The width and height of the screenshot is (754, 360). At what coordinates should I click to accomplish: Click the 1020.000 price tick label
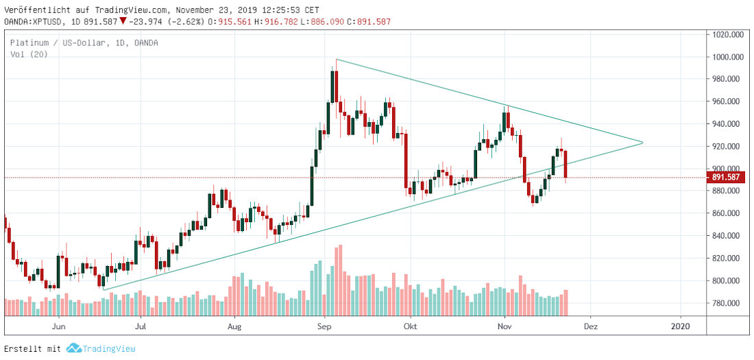point(729,34)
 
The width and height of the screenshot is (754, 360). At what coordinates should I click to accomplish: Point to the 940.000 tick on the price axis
point(729,124)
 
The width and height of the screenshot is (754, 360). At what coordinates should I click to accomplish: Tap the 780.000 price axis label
point(729,303)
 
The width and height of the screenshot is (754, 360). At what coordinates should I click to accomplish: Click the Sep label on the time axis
point(326,326)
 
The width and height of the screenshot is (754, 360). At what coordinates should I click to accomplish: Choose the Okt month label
point(410,326)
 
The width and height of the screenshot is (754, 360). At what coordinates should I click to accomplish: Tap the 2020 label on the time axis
point(680,326)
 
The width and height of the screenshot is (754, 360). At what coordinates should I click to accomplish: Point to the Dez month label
point(591,326)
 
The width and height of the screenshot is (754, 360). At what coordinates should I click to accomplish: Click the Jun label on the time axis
point(59,326)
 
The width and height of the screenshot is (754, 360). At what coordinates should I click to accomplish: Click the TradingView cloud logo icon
point(74,349)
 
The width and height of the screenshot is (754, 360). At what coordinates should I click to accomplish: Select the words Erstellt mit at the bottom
point(33,349)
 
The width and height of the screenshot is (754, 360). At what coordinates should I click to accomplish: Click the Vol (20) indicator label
point(25,54)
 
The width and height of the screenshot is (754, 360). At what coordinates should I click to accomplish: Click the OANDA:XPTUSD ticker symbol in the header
point(34,21)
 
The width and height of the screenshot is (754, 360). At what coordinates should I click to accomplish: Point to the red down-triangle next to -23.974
point(123,21)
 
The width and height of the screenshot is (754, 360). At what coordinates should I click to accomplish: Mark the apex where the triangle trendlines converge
point(642,143)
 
